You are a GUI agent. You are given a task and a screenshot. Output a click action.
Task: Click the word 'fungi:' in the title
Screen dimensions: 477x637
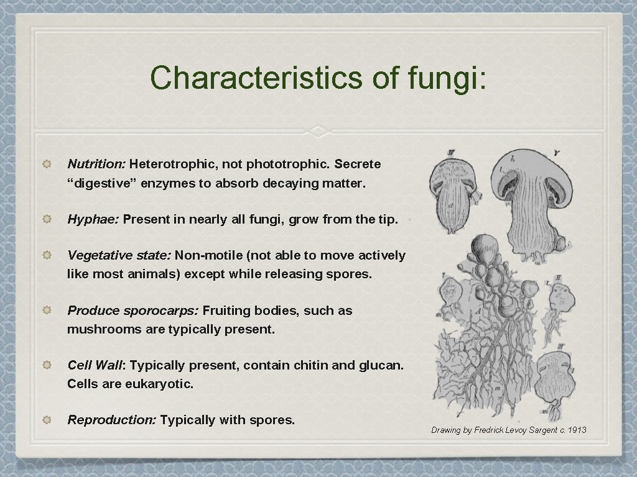tap(447, 78)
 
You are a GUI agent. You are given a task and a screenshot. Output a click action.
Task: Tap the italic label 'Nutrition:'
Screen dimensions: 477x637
tap(96, 165)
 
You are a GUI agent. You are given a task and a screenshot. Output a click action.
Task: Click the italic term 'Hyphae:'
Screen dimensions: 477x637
tap(93, 219)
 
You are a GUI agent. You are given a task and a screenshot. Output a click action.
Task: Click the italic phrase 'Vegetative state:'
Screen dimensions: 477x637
tap(119, 255)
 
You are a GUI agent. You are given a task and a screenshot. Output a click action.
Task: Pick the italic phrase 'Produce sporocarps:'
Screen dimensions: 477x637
tap(133, 311)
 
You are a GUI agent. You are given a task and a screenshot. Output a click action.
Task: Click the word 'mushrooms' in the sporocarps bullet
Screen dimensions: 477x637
tap(96, 329)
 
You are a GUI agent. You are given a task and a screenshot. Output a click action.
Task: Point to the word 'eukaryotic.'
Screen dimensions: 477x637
tap(159, 384)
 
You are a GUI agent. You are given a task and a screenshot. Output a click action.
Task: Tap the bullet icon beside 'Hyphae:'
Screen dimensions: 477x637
tap(47, 219)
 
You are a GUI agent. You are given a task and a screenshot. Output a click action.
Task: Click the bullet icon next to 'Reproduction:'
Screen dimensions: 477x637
tap(47, 420)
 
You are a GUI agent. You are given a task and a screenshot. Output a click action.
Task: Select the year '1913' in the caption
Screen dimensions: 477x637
tap(577, 430)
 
